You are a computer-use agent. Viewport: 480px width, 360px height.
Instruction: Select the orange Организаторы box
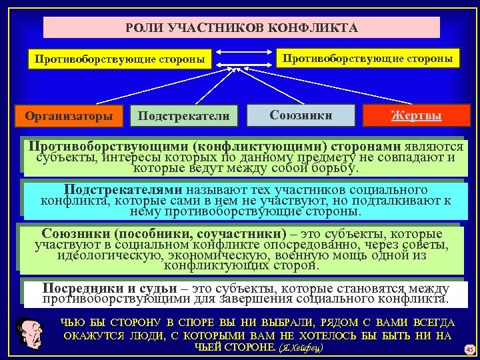(x=69, y=116)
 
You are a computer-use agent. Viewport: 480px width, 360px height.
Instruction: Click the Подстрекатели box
(x=183, y=116)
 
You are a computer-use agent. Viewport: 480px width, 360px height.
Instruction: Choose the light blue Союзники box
(x=301, y=115)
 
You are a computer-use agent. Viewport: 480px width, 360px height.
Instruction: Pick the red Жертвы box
(x=415, y=115)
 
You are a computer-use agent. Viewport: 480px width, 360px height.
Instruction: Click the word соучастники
(x=235, y=234)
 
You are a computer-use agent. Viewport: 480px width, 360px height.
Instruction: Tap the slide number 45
(x=469, y=349)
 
